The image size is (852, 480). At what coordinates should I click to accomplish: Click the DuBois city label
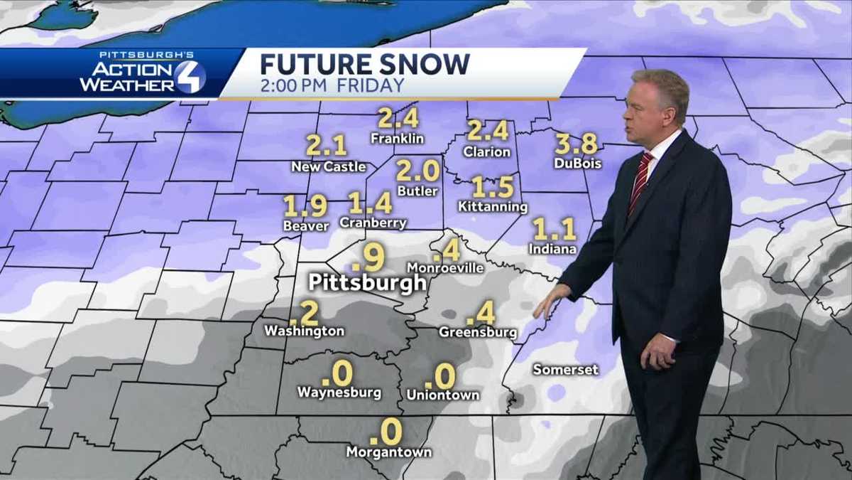point(577,164)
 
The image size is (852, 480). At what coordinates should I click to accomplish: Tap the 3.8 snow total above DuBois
point(576,144)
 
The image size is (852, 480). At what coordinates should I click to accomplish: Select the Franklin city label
point(397,139)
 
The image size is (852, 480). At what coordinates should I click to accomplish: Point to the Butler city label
point(417,191)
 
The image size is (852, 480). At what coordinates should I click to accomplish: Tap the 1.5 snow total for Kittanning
point(493,187)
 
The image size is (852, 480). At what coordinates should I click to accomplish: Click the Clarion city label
point(487,151)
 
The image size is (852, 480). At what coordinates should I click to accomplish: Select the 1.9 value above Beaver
point(305,206)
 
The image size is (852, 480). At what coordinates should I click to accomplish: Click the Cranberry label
point(373,223)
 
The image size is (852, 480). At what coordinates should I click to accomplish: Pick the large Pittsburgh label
point(367,282)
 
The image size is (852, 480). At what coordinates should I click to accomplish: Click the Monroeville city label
point(445,268)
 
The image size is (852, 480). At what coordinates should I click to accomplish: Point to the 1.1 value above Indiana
point(554,230)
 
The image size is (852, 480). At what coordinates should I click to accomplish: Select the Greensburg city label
point(478,332)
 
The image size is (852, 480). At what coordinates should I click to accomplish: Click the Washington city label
point(304,331)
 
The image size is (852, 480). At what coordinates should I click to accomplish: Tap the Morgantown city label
point(388,452)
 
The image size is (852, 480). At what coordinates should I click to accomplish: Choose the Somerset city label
point(566,370)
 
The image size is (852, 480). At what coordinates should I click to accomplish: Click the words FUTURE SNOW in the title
point(364,64)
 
